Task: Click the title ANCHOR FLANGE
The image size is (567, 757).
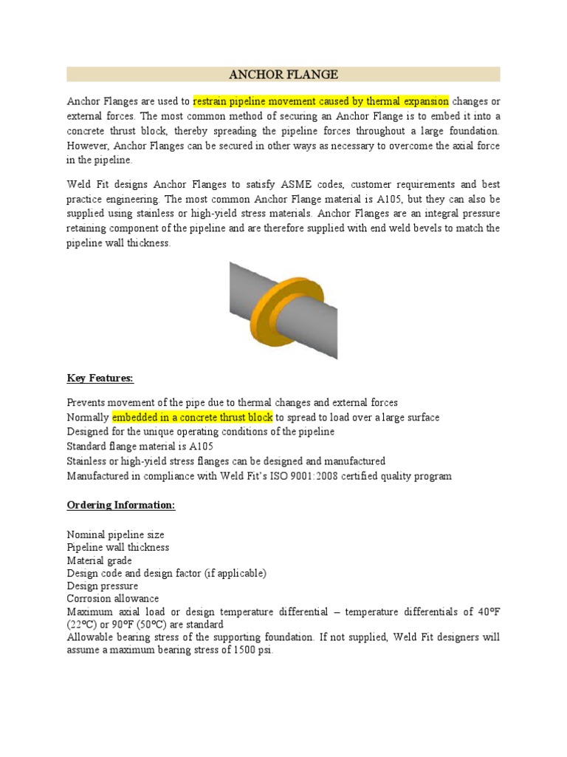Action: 283,75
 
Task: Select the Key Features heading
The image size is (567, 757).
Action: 100,378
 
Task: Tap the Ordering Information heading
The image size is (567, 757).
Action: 121,505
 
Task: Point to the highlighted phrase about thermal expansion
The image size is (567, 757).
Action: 320,101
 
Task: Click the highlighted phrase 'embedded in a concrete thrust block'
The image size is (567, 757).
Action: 193,418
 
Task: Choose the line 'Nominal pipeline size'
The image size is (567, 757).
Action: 116,534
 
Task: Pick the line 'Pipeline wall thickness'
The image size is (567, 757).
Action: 118,547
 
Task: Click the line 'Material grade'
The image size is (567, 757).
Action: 100,560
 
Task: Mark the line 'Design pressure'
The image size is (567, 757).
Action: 103,586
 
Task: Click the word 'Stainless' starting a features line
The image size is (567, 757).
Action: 89,461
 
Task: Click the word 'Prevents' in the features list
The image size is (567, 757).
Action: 88,403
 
